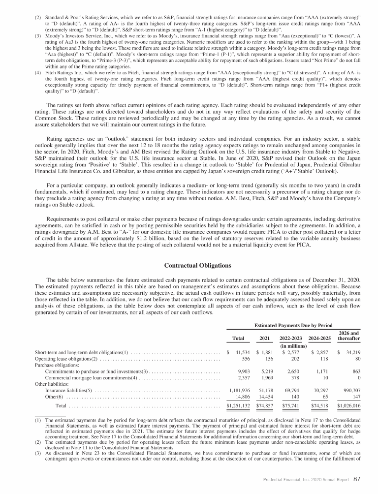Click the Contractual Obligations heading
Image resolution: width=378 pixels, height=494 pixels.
[189, 266]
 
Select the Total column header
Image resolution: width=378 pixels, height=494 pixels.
[239, 339]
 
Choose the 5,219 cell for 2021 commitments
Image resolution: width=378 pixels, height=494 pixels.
[267, 371]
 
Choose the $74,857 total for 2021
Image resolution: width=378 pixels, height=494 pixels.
[266, 406]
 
